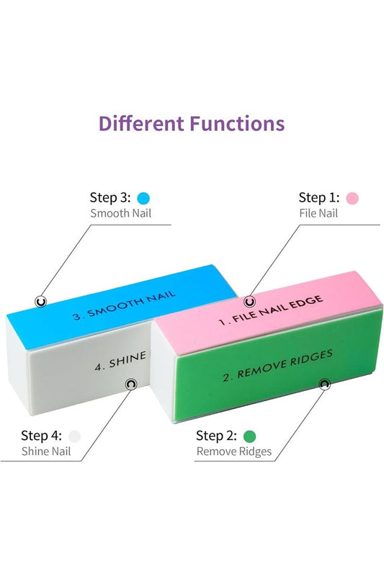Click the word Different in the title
point(142,123)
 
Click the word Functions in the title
point(237,123)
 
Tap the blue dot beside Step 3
point(143,199)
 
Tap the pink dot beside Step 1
point(352,199)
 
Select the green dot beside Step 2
point(249,436)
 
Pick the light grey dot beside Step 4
point(74,436)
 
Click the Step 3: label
point(110,197)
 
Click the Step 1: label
point(319,197)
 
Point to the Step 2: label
point(216,436)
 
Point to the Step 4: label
point(41,436)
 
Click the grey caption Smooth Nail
point(121,213)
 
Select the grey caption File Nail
point(318,213)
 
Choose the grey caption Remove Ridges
point(234,451)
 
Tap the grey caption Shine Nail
point(46,451)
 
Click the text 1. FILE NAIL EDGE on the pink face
point(271,310)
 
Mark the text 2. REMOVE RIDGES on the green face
point(278,366)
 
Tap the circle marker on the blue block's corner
point(41,302)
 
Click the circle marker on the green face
point(323,384)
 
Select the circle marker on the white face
point(131,384)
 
